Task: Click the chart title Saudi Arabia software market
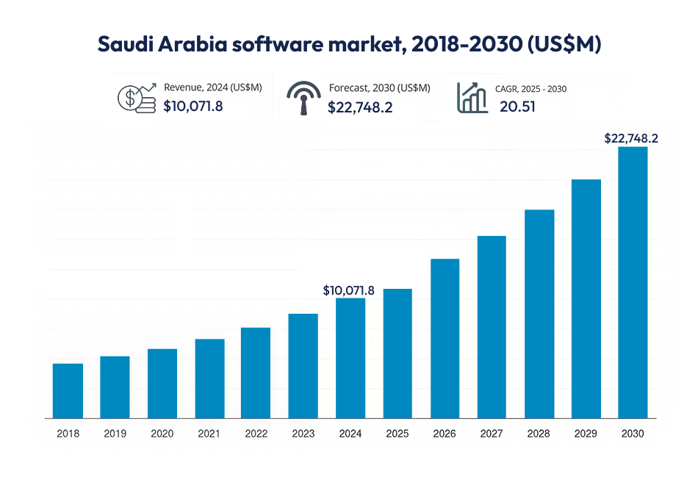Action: pyautogui.click(x=349, y=43)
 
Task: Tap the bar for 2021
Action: pyautogui.click(x=209, y=378)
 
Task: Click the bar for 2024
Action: pyautogui.click(x=350, y=358)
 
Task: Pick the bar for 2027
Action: pyautogui.click(x=492, y=327)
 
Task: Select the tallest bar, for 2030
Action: pyautogui.click(x=633, y=283)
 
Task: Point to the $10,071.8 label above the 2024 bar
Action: pyautogui.click(x=349, y=290)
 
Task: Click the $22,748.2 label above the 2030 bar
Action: pyautogui.click(x=630, y=138)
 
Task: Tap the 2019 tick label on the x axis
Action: pyautogui.click(x=115, y=434)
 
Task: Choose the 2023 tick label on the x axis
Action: pyautogui.click(x=303, y=434)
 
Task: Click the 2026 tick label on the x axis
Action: pyautogui.click(x=445, y=434)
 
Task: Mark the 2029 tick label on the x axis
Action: pyautogui.click(x=586, y=434)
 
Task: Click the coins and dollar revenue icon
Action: pyautogui.click(x=137, y=98)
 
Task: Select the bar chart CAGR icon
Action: pyautogui.click(x=472, y=98)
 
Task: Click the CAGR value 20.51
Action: pyautogui.click(x=517, y=107)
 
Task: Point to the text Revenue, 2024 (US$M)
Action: pyautogui.click(x=212, y=87)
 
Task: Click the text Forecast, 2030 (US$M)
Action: pyautogui.click(x=379, y=87)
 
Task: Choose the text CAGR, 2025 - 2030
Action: pyautogui.click(x=530, y=89)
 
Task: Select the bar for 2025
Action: pyautogui.click(x=397, y=354)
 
